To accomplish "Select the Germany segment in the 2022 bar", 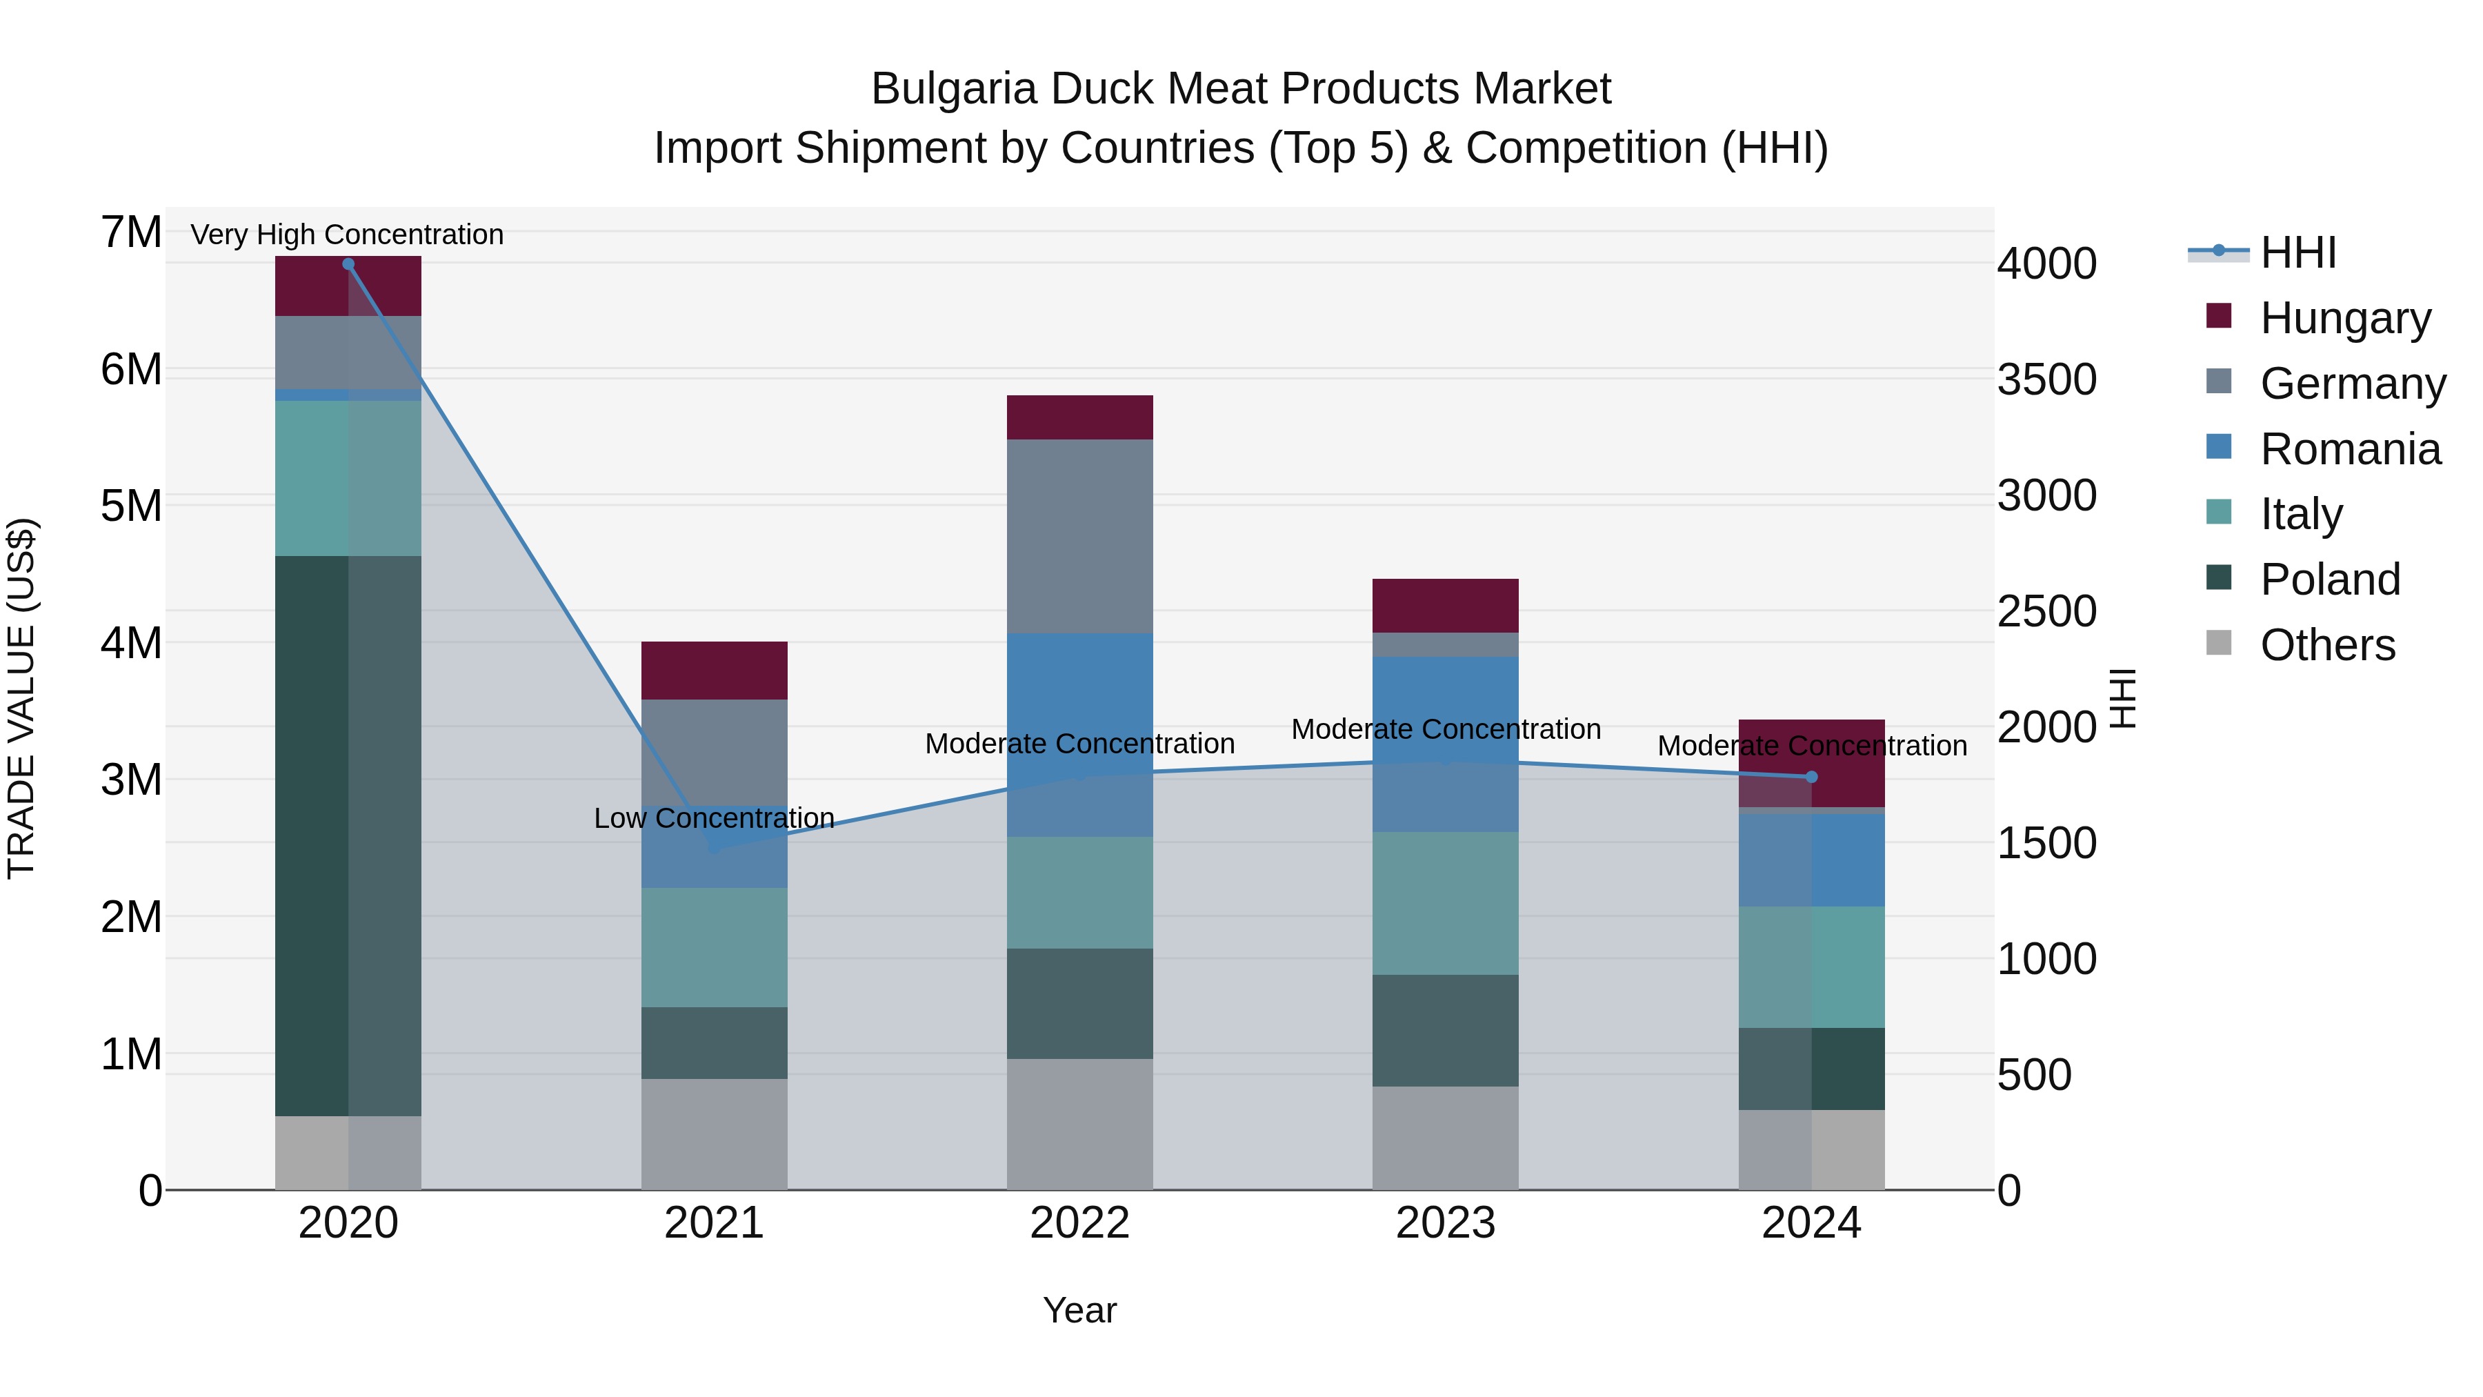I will point(1079,536).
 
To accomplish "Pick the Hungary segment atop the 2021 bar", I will point(715,670).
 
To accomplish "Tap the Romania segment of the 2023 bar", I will point(1445,743).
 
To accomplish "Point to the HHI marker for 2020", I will point(348,264).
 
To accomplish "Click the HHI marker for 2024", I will point(1811,777).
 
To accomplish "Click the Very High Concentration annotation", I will point(347,235).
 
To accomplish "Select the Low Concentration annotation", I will point(715,818).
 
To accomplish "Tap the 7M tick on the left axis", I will point(131,232).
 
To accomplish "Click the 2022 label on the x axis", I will point(1079,1223).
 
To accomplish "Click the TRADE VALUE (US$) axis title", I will point(21,698).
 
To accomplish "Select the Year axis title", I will point(1079,1310).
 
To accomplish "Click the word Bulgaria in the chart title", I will point(955,89).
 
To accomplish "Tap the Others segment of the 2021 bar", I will point(715,1133).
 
